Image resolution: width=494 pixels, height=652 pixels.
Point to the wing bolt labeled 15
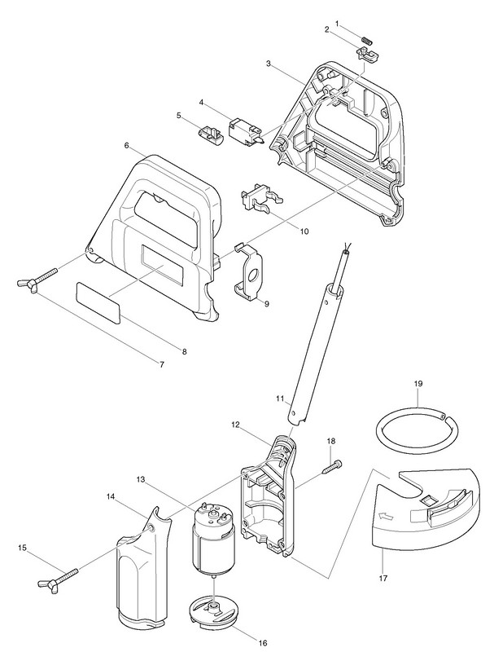(50, 581)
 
